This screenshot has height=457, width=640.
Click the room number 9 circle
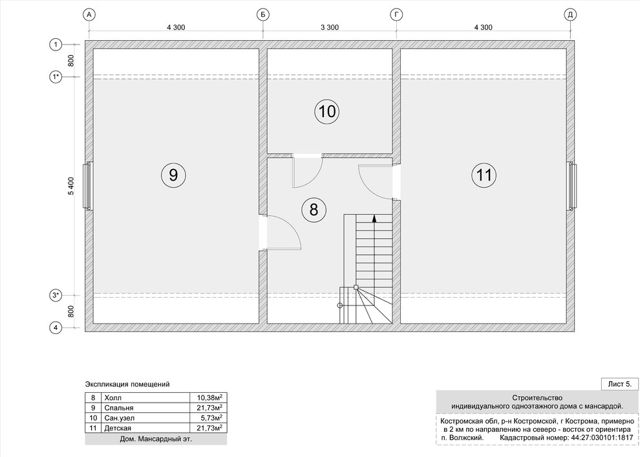tap(173, 175)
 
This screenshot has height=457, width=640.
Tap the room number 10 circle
tap(327, 111)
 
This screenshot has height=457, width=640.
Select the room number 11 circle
tap(484, 175)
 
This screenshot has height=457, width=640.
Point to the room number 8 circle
tap(314, 210)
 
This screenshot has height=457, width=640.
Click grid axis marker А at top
tap(89, 15)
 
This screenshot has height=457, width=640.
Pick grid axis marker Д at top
tap(570, 15)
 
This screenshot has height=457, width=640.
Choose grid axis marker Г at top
tap(396, 15)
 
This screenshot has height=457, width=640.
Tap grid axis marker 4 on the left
tap(56, 328)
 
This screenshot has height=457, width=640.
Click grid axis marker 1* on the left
tap(56, 76)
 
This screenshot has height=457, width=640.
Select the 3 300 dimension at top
tap(330, 27)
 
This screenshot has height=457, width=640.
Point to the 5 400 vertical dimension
tap(71, 186)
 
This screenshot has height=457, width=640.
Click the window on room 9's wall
tap(88, 186)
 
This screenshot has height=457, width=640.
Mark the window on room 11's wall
tap(571, 186)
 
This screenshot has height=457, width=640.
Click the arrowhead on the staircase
tap(374, 218)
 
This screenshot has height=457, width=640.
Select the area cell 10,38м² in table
tap(209, 397)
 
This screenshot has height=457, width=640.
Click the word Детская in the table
tap(118, 428)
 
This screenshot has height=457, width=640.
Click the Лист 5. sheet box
tap(619, 384)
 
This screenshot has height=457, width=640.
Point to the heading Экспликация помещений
tap(127, 385)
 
